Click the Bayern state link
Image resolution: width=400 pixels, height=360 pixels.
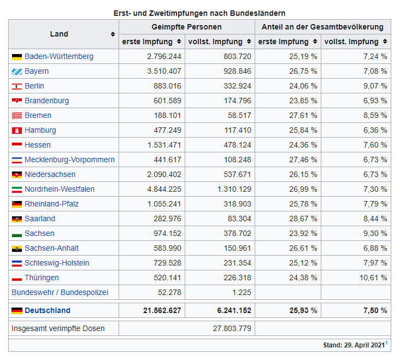coord(37,71)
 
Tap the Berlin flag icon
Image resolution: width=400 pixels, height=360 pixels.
coord(16,86)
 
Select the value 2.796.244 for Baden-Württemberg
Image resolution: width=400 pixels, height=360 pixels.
coord(164,56)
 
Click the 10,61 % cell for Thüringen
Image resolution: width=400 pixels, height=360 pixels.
coord(374,278)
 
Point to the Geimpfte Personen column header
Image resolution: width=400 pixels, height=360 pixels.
coord(186,27)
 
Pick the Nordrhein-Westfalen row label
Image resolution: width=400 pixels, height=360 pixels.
coord(60,189)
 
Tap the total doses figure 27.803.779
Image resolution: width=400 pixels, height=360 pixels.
coord(232,328)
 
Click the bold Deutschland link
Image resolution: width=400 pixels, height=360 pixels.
coord(48,310)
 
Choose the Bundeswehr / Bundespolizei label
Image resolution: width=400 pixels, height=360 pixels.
coord(60,292)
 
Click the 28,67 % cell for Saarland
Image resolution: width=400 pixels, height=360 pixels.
coord(303,219)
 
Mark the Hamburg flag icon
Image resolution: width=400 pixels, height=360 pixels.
coord(16,131)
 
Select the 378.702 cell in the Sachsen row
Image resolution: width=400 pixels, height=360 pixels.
coord(234,233)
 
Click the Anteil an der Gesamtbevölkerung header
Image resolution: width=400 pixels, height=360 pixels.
coord(322,27)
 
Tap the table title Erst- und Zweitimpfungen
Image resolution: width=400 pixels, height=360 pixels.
coord(199,13)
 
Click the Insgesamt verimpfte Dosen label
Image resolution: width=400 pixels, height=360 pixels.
coord(58,328)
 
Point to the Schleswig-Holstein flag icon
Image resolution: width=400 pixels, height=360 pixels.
coord(16,263)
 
